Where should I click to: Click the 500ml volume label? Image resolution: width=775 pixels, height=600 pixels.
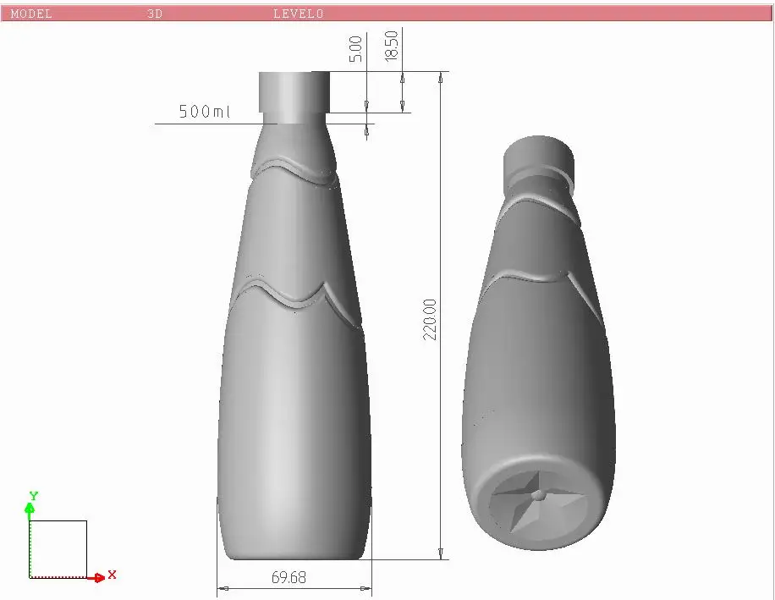tap(205, 111)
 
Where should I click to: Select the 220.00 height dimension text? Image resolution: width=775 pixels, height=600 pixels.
tap(430, 319)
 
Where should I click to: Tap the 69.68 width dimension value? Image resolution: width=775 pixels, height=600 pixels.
tap(289, 577)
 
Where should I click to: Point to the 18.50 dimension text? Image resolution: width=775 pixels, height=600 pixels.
tap(391, 46)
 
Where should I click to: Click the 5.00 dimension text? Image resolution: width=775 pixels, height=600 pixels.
tap(355, 49)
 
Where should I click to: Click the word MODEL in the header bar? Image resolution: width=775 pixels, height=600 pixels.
tap(31, 14)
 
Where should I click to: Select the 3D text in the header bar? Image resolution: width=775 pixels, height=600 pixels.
tap(155, 14)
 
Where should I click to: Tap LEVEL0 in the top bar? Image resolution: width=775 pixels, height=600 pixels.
tap(299, 14)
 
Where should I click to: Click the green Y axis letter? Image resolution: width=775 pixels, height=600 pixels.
tap(34, 496)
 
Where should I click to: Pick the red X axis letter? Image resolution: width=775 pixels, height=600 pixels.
tap(113, 575)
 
